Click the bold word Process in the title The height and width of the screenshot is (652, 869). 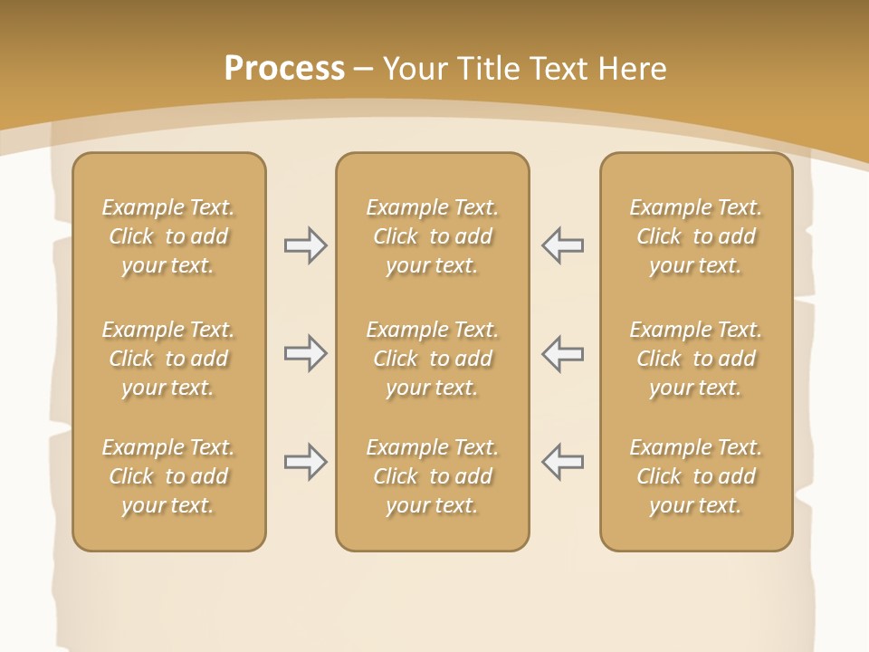[x=284, y=69]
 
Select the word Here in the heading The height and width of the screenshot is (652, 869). [x=633, y=69]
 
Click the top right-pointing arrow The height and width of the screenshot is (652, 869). [x=305, y=244]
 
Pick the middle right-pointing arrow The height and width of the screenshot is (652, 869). [x=305, y=353]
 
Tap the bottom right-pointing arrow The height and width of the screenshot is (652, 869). [x=305, y=462]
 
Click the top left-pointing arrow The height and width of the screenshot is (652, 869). [x=562, y=244]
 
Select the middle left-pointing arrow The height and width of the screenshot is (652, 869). [x=562, y=353]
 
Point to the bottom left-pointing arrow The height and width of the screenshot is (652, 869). [x=562, y=462]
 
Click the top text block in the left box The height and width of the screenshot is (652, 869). [x=168, y=236]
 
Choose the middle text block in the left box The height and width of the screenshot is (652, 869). [x=168, y=359]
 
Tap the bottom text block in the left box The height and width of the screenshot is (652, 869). [x=168, y=476]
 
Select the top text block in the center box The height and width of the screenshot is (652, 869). [x=432, y=236]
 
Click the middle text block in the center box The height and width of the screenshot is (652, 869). [x=432, y=359]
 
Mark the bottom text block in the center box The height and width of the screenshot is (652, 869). [x=432, y=476]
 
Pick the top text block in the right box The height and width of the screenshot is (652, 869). [x=695, y=236]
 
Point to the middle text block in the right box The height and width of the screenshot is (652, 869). [x=695, y=359]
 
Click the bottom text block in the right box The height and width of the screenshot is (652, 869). [x=695, y=476]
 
